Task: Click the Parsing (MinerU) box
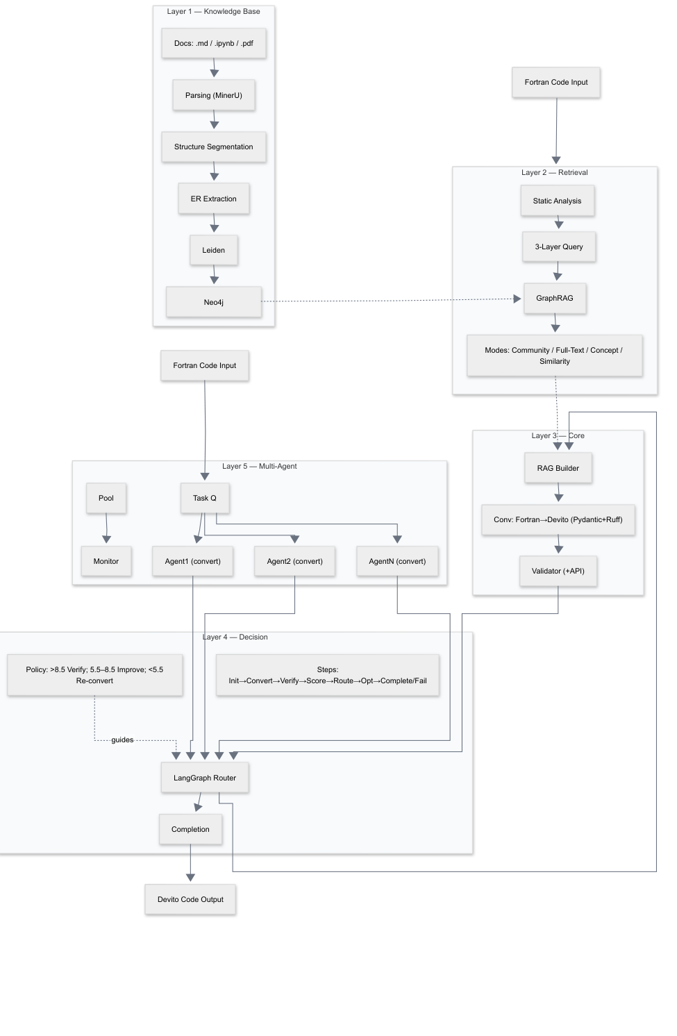pos(213,95)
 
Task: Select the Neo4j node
pos(213,302)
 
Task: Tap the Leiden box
pos(213,250)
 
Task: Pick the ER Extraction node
pos(213,199)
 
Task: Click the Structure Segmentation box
pos(213,147)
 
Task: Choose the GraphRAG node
pos(554,298)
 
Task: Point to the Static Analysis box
pos(557,201)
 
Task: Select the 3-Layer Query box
pos(558,247)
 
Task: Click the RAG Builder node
pos(558,468)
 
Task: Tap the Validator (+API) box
pos(558,571)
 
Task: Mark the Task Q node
pos(204,498)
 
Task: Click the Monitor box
pos(106,561)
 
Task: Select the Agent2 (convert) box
pos(294,561)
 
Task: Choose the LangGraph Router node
pos(204,778)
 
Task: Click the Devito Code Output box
pos(190,899)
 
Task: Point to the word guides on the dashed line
pos(122,740)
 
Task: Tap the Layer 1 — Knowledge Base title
pos(213,12)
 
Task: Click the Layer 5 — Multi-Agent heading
pos(259,466)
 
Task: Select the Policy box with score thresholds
pos(94,675)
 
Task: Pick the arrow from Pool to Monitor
pos(106,528)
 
